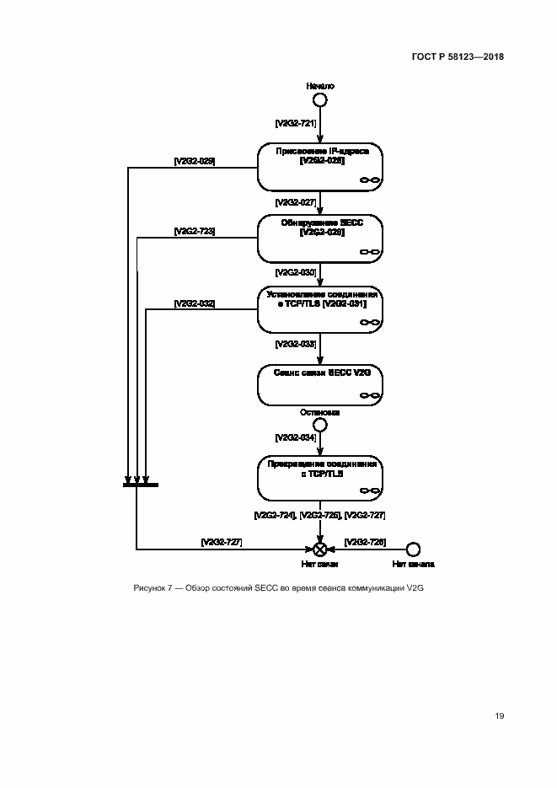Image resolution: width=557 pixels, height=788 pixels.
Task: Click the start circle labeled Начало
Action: tap(319, 100)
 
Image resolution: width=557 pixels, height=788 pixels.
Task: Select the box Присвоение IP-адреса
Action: tap(320, 166)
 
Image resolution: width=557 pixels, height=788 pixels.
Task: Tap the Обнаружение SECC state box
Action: tap(320, 238)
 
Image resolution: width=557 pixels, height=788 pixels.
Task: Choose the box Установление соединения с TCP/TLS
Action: tap(320, 309)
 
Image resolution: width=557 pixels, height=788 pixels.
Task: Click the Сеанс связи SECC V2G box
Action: tap(320, 383)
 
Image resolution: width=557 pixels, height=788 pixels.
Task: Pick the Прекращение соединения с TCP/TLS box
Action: tap(320, 478)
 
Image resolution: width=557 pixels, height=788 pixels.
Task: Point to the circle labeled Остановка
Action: tap(319, 425)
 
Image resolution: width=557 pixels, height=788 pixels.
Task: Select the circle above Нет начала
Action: tap(413, 549)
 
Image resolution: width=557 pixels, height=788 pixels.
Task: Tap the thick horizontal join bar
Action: tap(140, 485)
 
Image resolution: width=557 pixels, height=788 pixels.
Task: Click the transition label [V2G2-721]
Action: tap(295, 123)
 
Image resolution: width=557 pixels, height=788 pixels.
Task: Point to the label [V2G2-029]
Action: tap(194, 160)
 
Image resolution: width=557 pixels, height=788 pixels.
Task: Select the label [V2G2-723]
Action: tap(194, 231)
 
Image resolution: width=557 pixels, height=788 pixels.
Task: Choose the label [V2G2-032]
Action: tap(194, 303)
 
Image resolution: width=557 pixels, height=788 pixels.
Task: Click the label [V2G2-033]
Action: tap(295, 344)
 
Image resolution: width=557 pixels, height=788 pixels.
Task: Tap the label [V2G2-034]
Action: tap(295, 438)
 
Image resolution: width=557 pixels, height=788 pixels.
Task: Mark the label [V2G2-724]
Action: tap(275, 514)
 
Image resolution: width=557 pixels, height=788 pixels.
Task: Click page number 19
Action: tap(499, 716)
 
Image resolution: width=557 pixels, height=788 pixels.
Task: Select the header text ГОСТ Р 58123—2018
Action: tap(458, 56)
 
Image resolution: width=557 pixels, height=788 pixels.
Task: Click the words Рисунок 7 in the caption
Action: tap(155, 587)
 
